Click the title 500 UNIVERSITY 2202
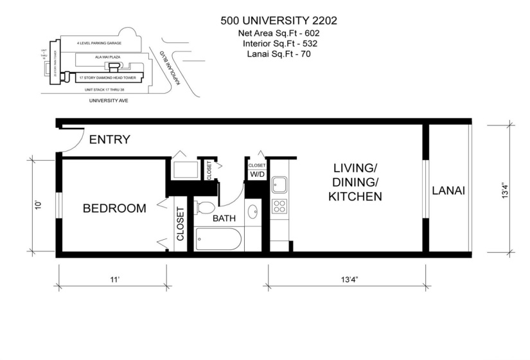pos(278,20)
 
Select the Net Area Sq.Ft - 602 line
pos(278,32)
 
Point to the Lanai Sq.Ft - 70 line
pos(278,54)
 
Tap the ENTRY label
pos(109,139)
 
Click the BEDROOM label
pos(114,208)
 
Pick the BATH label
pos(224,218)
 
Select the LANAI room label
pos(448,190)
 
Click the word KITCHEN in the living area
pos(355,196)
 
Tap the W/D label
pos(257,174)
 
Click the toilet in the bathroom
pos(206,208)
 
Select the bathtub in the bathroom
pos(218,240)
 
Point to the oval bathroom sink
pos(253,210)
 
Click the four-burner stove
pos(279,206)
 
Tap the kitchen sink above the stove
pos(279,185)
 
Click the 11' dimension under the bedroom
pos(114,280)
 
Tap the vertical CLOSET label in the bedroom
pos(180,223)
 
